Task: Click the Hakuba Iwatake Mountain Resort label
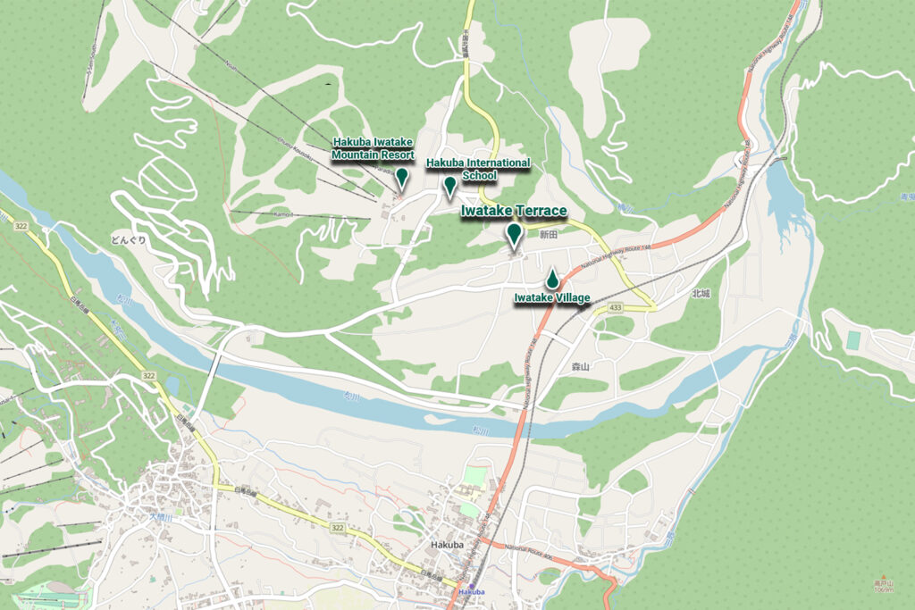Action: pyautogui.click(x=374, y=148)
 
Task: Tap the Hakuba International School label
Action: pyautogui.click(x=478, y=169)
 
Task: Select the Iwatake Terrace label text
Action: pyautogui.click(x=514, y=211)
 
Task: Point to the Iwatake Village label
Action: pyautogui.click(x=552, y=298)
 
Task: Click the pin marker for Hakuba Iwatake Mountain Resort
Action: pyautogui.click(x=402, y=178)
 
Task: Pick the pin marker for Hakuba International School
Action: pyautogui.click(x=450, y=186)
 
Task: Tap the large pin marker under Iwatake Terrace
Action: pyautogui.click(x=514, y=235)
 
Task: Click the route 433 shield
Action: pyautogui.click(x=615, y=307)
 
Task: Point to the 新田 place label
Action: pyautogui.click(x=548, y=234)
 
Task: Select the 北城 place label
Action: pyautogui.click(x=700, y=293)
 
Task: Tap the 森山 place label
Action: pyautogui.click(x=582, y=366)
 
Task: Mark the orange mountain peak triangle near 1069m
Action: pyautogui.click(x=883, y=577)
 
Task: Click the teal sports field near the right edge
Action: pyautogui.click(x=853, y=340)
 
